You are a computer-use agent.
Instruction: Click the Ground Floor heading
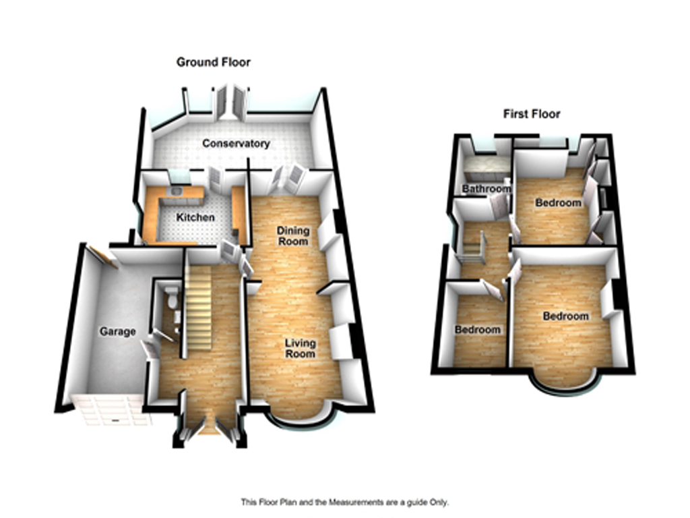(x=214, y=62)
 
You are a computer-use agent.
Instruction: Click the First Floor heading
(x=532, y=114)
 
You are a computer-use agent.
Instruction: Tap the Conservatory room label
(x=236, y=144)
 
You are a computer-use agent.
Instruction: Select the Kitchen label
(x=195, y=217)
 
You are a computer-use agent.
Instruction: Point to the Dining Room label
(x=293, y=235)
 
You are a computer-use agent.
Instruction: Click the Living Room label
(x=300, y=348)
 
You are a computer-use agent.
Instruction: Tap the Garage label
(x=117, y=331)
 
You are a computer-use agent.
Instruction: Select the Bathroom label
(x=487, y=189)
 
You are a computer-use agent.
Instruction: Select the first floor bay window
(x=565, y=388)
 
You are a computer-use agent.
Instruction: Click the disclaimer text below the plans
(x=345, y=502)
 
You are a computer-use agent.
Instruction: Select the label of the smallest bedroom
(x=478, y=329)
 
